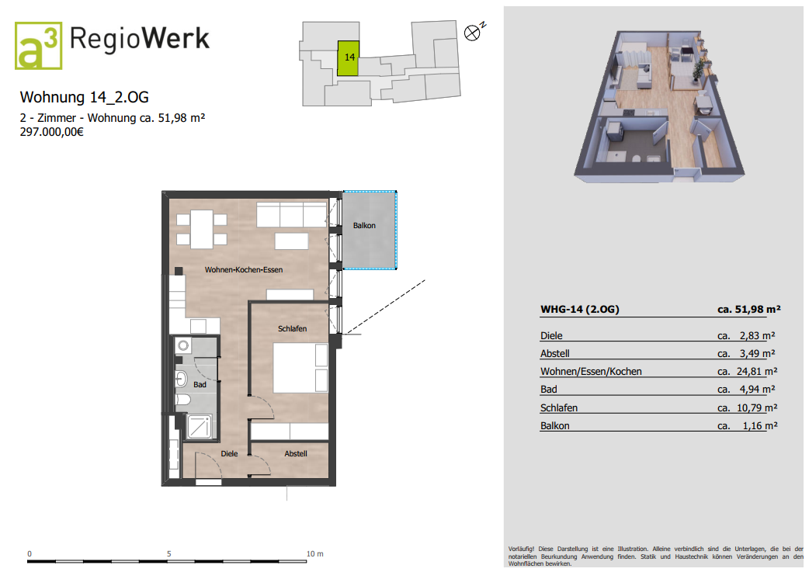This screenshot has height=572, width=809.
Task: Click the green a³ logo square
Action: pyautogui.click(x=39, y=45)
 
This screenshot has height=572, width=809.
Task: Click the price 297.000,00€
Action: pyautogui.click(x=51, y=132)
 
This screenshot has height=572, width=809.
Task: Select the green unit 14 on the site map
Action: pyautogui.click(x=349, y=58)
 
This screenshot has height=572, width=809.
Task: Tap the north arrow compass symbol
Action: pyautogui.click(x=474, y=32)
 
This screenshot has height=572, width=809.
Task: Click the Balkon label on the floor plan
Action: pyautogui.click(x=364, y=225)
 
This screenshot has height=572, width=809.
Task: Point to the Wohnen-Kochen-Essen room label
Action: pyautogui.click(x=244, y=270)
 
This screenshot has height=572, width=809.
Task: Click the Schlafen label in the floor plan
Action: pyautogui.click(x=292, y=328)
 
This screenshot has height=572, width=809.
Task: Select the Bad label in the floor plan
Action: pyautogui.click(x=200, y=385)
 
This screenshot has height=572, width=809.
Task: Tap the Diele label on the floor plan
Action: pyautogui.click(x=229, y=454)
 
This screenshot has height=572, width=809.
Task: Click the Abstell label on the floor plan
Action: pyautogui.click(x=296, y=454)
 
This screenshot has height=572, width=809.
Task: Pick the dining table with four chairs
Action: pyautogui.click(x=202, y=229)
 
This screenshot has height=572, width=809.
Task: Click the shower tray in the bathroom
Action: pyautogui.click(x=199, y=427)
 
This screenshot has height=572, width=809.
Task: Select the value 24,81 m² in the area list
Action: pyautogui.click(x=757, y=371)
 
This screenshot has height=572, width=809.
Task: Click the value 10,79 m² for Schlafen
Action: pyautogui.click(x=757, y=408)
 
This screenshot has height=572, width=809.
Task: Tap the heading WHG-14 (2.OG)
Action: pyautogui.click(x=579, y=310)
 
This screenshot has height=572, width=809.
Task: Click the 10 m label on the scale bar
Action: pyautogui.click(x=314, y=554)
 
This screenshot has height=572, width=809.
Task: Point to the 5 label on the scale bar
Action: pyautogui.click(x=168, y=554)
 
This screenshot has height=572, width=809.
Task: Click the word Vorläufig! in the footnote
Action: pyautogui.click(x=521, y=549)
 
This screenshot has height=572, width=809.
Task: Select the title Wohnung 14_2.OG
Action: pyautogui.click(x=84, y=97)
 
